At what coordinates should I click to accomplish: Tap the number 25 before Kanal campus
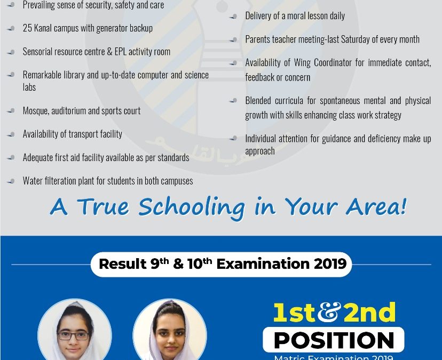tap(27, 28)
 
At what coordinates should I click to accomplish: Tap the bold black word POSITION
tap(334, 340)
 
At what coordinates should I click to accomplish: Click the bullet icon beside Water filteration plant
tap(11, 181)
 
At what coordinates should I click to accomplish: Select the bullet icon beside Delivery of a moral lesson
tap(233, 17)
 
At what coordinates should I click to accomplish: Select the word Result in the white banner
tap(123, 264)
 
